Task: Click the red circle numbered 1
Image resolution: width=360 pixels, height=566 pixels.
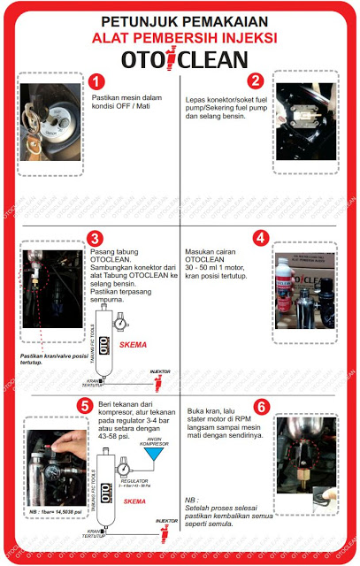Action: pos(97,81)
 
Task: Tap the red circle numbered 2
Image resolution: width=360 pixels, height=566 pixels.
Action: pos(256,80)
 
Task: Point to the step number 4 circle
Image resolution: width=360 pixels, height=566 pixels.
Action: pos(260,238)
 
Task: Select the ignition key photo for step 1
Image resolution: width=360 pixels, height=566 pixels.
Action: pos(50,121)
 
